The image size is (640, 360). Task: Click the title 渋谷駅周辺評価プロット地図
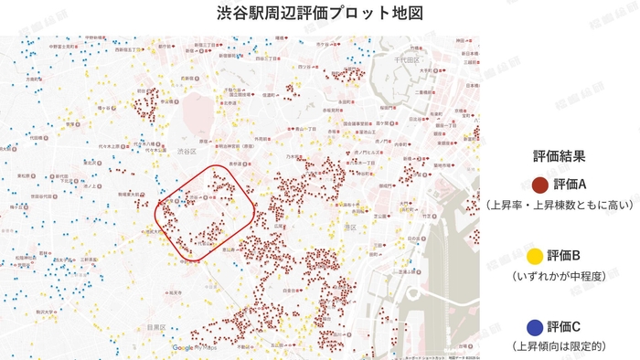319,15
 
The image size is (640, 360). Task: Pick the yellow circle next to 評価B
535,255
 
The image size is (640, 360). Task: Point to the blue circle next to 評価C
535,325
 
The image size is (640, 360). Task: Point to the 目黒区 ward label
155,326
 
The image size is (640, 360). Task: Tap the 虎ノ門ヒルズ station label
372,152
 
